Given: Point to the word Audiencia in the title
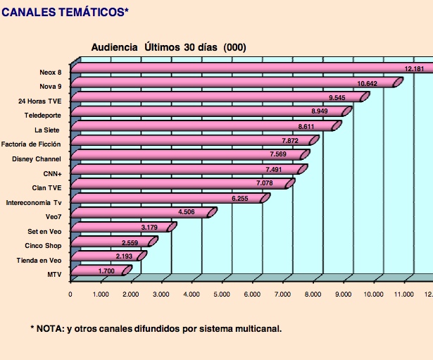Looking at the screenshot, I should (x=115, y=47).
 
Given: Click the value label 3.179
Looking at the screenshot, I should (x=150, y=227).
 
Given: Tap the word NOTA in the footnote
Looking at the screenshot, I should (x=49, y=328).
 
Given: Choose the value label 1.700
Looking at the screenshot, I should (x=107, y=271).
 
